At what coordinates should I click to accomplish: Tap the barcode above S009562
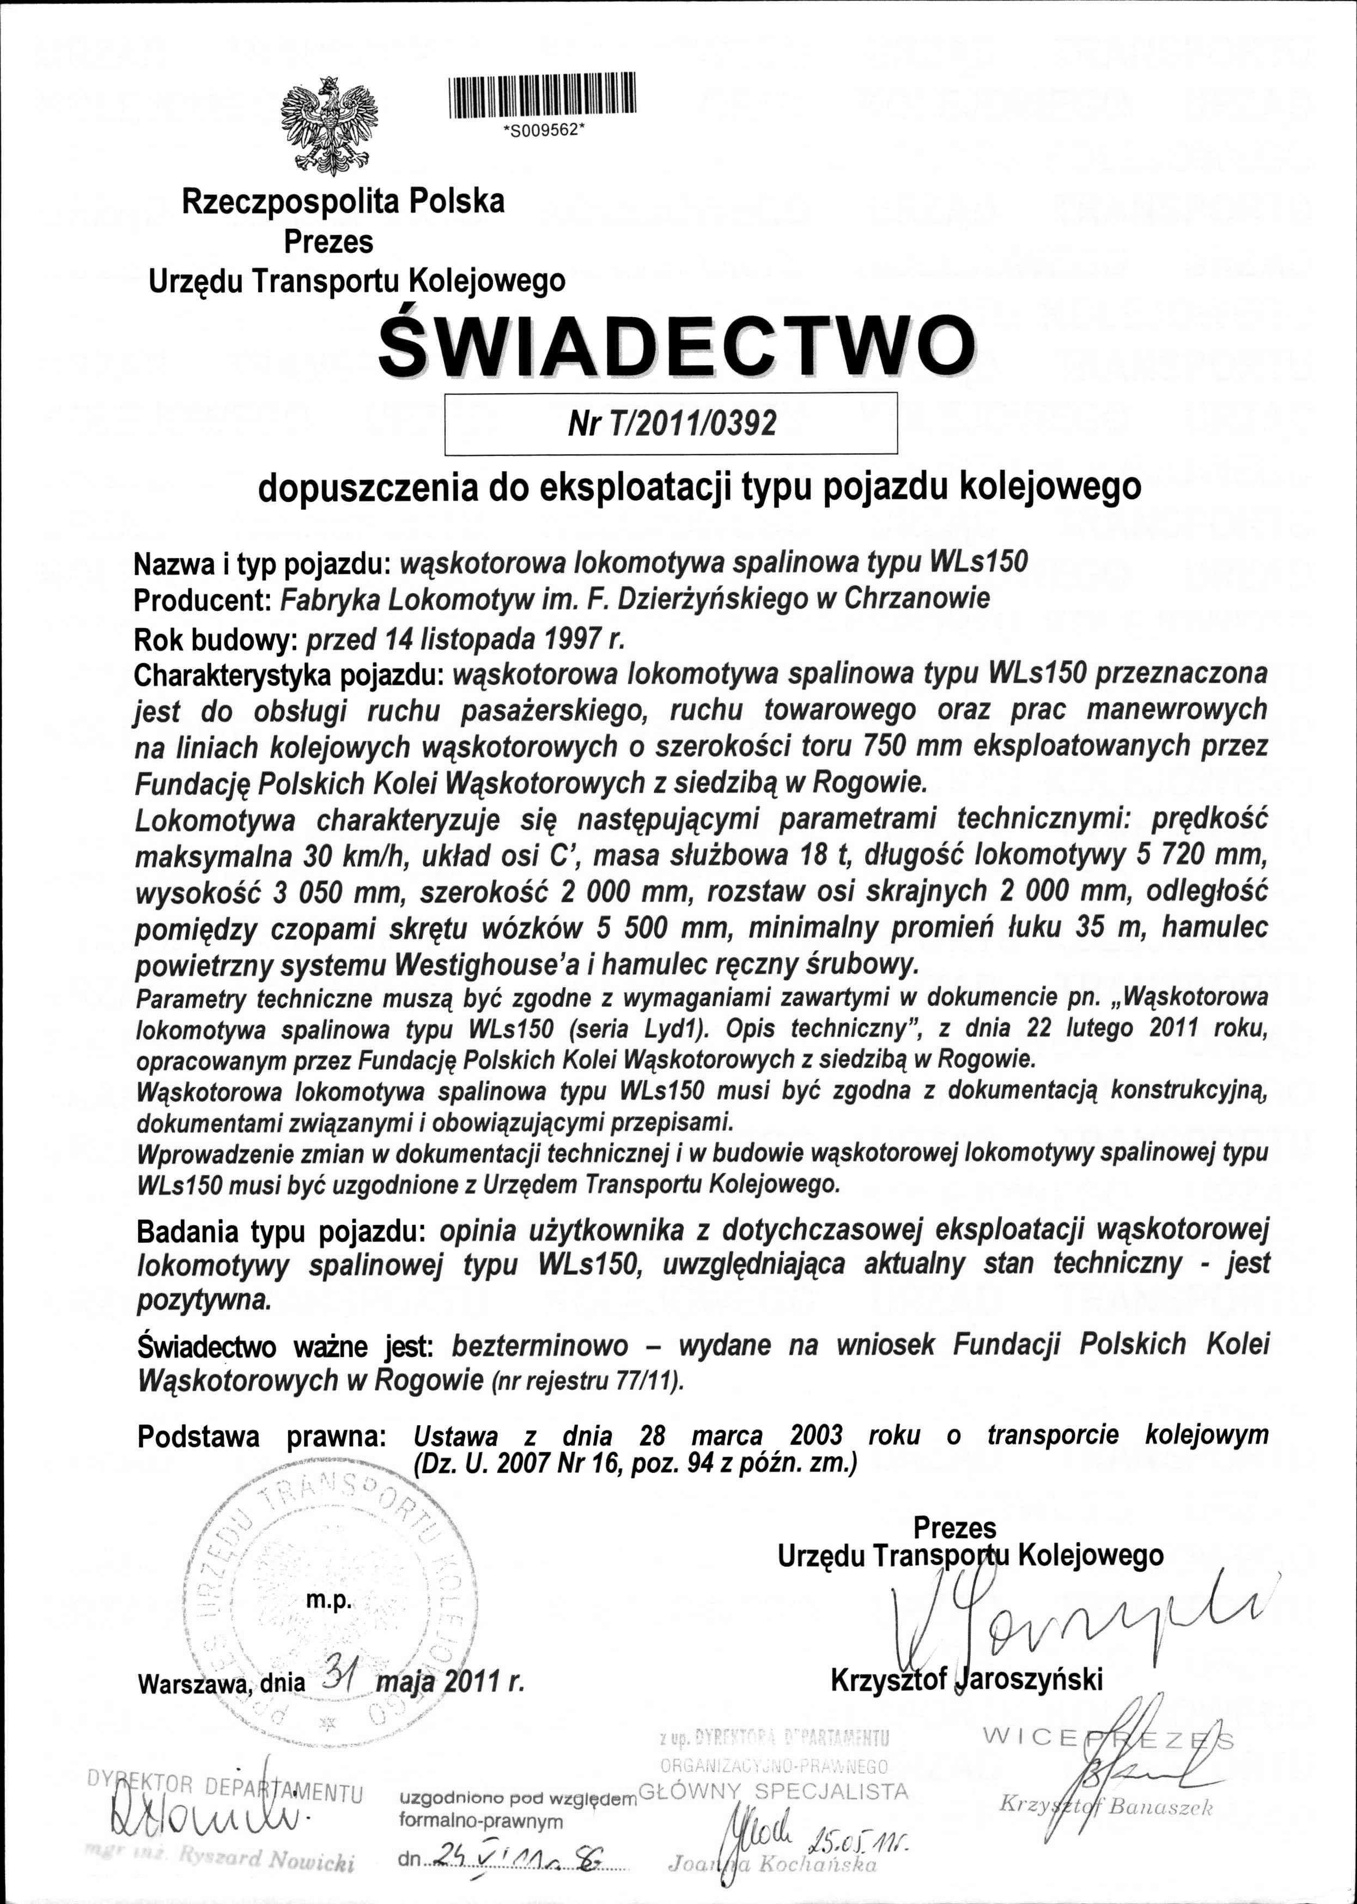(x=542, y=95)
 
